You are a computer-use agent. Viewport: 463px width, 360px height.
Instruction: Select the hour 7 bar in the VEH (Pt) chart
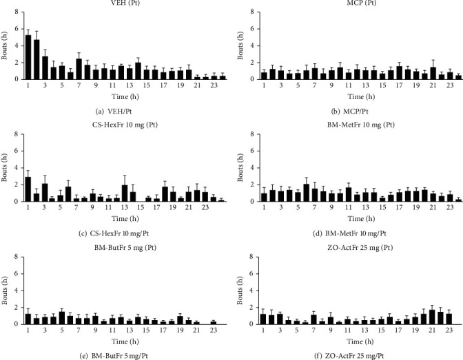[79, 69]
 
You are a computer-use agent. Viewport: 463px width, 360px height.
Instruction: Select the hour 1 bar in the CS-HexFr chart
[28, 189]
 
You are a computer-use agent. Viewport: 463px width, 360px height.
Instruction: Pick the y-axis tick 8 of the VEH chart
[16, 12]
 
